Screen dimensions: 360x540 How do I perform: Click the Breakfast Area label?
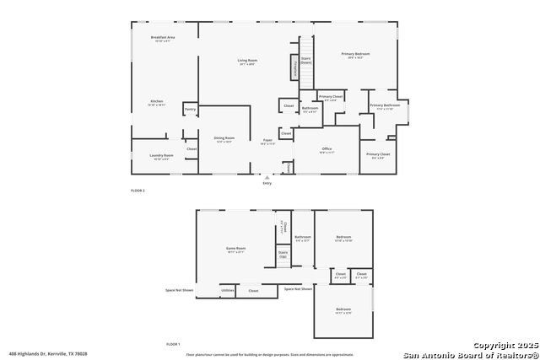pyautogui.click(x=163, y=39)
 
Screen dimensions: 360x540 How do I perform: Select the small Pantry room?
pyautogui.click(x=190, y=109)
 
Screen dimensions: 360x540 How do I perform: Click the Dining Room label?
pyautogui.click(x=224, y=139)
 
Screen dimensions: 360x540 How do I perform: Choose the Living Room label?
pyautogui.click(x=247, y=61)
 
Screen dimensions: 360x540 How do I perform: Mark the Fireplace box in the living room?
pyautogui.click(x=295, y=67)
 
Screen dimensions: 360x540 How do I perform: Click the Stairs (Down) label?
pyautogui.click(x=306, y=60)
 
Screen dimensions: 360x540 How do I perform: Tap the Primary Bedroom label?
pyautogui.click(x=357, y=56)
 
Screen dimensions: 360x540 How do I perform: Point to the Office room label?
pyautogui.click(x=327, y=150)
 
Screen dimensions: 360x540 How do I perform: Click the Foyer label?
pyautogui.click(x=267, y=141)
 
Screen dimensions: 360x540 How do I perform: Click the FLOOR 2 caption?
pyautogui.click(x=138, y=191)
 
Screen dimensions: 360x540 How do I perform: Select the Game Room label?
pyautogui.click(x=235, y=250)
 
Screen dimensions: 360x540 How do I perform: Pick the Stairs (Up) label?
pyautogui.click(x=283, y=254)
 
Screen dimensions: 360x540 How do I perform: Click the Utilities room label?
pyautogui.click(x=227, y=290)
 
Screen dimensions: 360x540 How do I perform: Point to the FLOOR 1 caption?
pyautogui.click(x=173, y=344)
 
